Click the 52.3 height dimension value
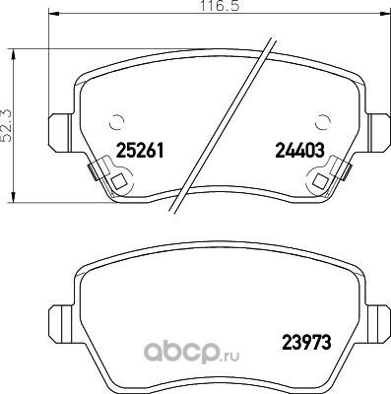coord(6,126)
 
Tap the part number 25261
coord(140,151)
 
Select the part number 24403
coord(300,151)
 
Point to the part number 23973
coord(306,343)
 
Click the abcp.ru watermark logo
coord(192,352)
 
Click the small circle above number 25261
coord(117,123)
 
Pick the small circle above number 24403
coord(322,123)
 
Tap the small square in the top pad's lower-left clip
coord(118,181)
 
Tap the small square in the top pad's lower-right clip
coord(321,181)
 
